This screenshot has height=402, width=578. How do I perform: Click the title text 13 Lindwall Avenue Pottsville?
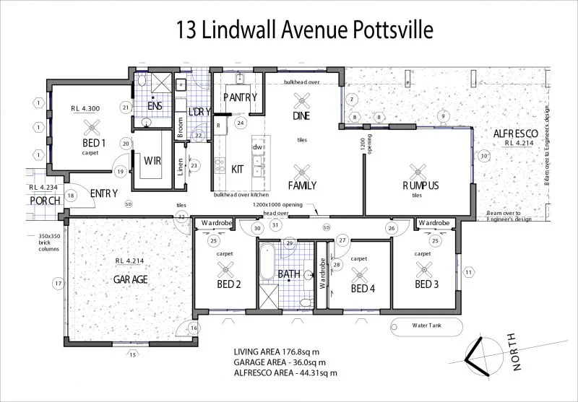(x=304, y=30)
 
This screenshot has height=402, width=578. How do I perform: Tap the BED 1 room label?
(x=94, y=143)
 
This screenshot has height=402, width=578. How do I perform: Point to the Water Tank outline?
(x=426, y=325)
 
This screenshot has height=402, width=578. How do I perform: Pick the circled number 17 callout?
(x=58, y=284)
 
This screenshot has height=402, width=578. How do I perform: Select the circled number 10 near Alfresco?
(x=484, y=155)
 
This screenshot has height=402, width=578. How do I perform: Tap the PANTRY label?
(x=236, y=97)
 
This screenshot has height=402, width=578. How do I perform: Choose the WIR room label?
(x=152, y=160)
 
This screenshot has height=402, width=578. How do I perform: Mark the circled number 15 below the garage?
(x=131, y=354)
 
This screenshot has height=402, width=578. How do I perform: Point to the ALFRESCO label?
(x=514, y=134)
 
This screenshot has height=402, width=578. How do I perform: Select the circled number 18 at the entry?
(x=71, y=196)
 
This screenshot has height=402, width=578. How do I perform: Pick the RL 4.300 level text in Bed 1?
(x=85, y=108)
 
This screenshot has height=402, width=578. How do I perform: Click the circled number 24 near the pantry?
(x=241, y=123)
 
